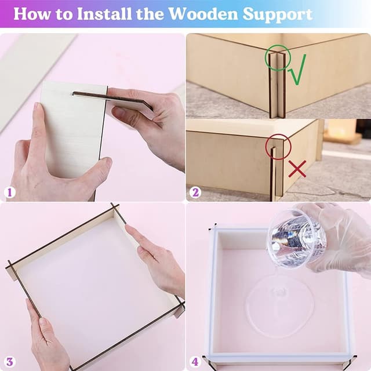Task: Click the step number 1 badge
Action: (x=9, y=192)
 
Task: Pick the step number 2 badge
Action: (x=195, y=192)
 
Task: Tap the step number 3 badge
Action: (x=9, y=362)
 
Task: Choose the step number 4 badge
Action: (x=195, y=362)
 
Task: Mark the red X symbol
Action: (x=297, y=169)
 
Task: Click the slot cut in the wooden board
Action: (x=87, y=93)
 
